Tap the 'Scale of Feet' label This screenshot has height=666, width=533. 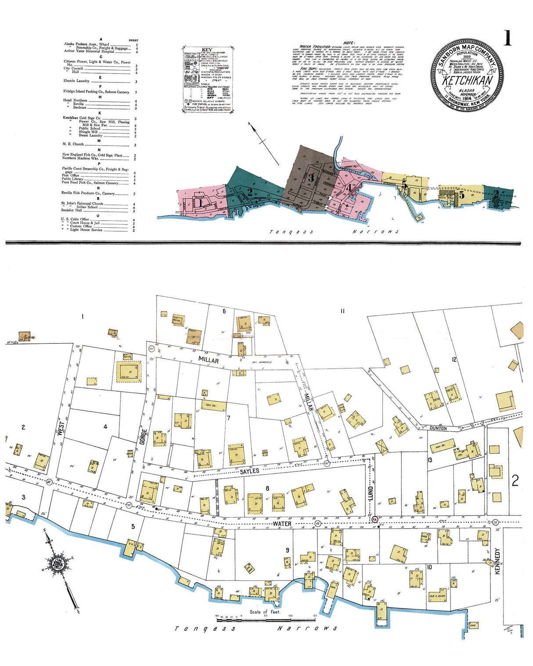tap(265, 612)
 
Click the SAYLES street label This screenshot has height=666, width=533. tap(250, 471)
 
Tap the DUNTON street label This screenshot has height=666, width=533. tap(438, 428)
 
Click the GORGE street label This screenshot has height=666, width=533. tap(142, 437)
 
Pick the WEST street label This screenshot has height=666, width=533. tap(61, 428)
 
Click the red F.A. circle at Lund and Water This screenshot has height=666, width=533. tap(375, 519)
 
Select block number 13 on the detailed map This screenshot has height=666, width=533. tap(430, 460)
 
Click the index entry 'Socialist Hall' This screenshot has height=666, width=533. tap(72, 210)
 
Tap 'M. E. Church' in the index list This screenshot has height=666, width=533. tap(73, 144)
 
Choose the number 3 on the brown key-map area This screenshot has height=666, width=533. tap(311, 178)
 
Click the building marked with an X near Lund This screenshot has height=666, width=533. tap(382, 446)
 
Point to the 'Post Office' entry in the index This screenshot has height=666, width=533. tap(70, 175)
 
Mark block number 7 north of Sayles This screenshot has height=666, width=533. tap(228, 418)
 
